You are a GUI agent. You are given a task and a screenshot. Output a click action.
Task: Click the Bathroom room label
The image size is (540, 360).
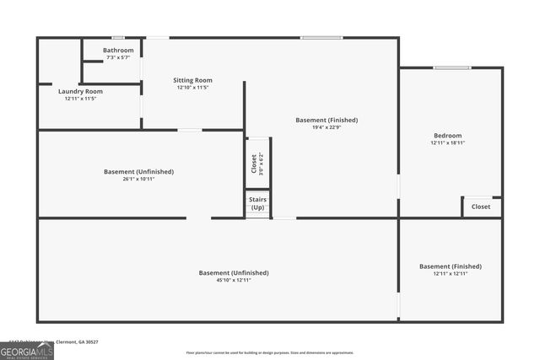118,51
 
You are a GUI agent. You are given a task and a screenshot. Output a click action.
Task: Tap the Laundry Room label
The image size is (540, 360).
81,91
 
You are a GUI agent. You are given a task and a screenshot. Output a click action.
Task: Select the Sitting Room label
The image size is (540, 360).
192,79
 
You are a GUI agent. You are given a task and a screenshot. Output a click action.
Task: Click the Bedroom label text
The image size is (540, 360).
447,136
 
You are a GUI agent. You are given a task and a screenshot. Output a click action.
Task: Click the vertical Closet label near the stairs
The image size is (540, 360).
254,163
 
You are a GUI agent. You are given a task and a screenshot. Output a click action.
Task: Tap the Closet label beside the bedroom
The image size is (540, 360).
481,207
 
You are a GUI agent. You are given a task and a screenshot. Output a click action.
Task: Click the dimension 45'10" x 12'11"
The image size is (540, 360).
234,280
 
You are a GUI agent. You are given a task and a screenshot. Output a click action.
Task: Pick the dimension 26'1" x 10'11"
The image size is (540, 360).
138,179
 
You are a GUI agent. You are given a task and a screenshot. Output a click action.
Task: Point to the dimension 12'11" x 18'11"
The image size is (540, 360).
447,143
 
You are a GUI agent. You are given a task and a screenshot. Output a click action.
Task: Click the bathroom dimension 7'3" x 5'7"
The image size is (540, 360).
118,57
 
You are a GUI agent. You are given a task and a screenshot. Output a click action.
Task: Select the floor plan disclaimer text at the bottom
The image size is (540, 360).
270,352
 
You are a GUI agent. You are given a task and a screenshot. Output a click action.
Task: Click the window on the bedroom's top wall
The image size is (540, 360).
452,67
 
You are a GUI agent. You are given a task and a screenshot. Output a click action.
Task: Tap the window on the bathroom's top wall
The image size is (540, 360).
118,37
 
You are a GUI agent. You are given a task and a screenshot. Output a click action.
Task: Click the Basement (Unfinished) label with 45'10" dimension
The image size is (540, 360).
234,272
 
